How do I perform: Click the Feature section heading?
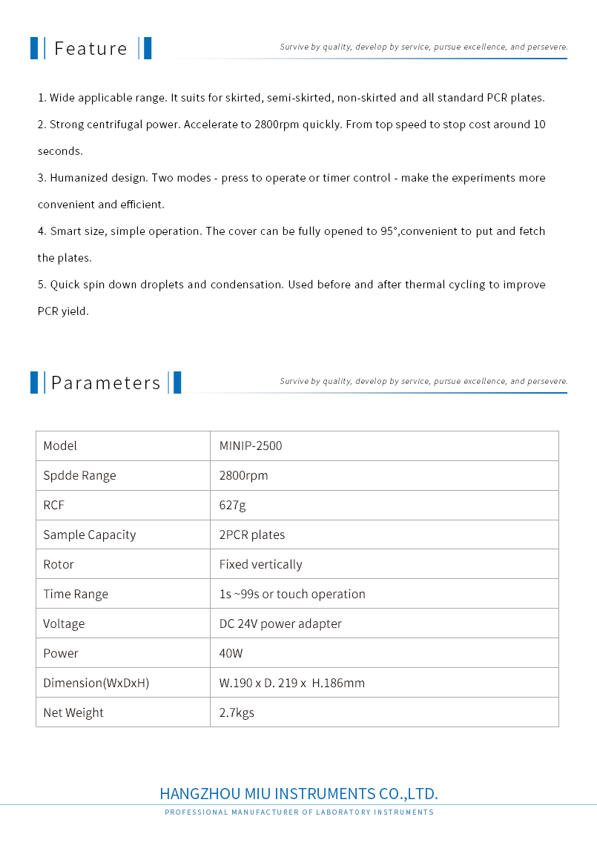(x=90, y=49)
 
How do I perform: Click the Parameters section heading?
(x=105, y=383)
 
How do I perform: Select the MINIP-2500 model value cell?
(x=251, y=446)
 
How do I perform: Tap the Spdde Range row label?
(x=79, y=475)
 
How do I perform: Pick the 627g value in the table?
(x=232, y=505)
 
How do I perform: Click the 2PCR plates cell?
(x=252, y=534)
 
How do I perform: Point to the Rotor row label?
(x=59, y=564)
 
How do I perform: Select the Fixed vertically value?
(x=260, y=564)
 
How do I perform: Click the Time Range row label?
(x=76, y=594)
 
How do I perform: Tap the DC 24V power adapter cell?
(x=280, y=623)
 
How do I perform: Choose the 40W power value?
(x=231, y=653)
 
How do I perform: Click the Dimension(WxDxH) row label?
(x=96, y=683)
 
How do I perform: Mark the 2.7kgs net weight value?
(x=237, y=712)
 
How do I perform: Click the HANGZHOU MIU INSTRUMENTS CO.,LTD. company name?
(x=299, y=794)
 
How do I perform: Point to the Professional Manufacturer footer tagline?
(x=299, y=812)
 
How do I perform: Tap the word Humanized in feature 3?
(x=78, y=178)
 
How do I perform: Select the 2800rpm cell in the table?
(x=243, y=475)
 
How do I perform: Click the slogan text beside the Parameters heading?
(x=423, y=381)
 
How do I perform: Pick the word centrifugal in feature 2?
(x=117, y=125)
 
